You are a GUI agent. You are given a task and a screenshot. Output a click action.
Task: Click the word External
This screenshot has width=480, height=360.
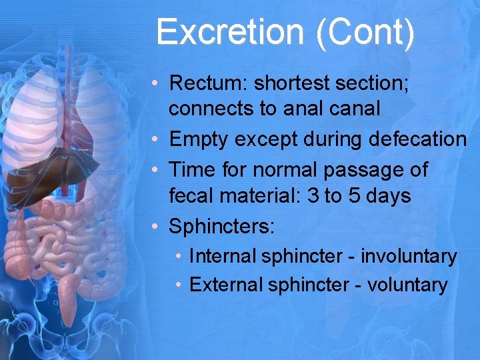point(226,285)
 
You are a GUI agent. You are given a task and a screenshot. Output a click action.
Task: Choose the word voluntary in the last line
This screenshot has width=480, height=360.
point(407,285)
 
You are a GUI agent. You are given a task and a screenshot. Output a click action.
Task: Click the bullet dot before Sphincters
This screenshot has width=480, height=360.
point(154,227)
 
